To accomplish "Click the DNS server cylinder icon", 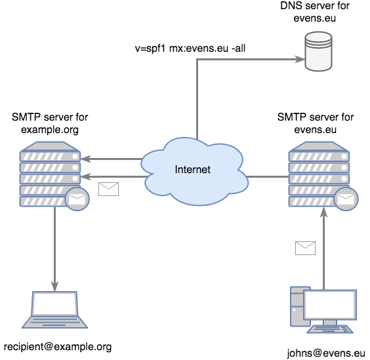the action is pyautogui.click(x=318, y=51).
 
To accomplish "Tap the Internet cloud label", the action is pyautogui.click(x=193, y=169).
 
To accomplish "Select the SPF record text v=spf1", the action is pyautogui.click(x=150, y=49).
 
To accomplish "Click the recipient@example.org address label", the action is pyautogui.click(x=58, y=347).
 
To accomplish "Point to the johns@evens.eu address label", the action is pyautogui.click(x=326, y=353).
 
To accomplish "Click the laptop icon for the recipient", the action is pyautogui.click(x=54, y=310).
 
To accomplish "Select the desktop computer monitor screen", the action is pyautogui.click(x=330, y=304).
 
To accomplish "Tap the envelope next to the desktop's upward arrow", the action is pyautogui.click(x=305, y=248).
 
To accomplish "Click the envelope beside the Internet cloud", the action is pyautogui.click(x=108, y=189).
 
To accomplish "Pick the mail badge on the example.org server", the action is pyautogui.click(x=77, y=199).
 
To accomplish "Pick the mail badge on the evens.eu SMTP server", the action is pyautogui.click(x=346, y=199).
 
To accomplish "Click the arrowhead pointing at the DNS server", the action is pyautogui.click(x=300, y=59).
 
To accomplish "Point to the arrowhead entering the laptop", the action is pyautogui.click(x=54, y=286).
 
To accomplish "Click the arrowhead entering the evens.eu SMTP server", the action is pyautogui.click(x=324, y=212).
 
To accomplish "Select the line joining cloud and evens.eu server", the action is pyautogui.click(x=268, y=176).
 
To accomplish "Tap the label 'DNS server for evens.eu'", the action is pyautogui.click(x=315, y=12).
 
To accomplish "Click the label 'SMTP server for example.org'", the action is pyautogui.click(x=50, y=123).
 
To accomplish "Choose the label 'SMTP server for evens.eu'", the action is pyautogui.click(x=316, y=123).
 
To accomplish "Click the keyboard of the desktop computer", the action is pyautogui.click(x=330, y=329).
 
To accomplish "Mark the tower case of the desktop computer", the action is pyautogui.click(x=297, y=306).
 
